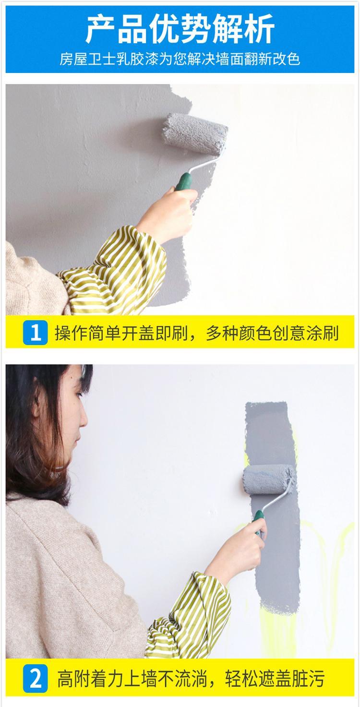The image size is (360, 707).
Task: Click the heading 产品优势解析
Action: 180,29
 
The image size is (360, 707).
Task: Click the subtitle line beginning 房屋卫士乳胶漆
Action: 180,59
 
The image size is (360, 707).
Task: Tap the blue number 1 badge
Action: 36,332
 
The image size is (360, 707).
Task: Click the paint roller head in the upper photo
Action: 195,134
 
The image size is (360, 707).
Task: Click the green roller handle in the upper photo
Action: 184,181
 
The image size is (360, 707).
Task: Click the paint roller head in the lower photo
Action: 269,479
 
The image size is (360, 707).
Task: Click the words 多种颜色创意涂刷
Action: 272,333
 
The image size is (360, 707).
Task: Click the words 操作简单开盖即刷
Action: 121,333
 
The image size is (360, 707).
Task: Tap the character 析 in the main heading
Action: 259,29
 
